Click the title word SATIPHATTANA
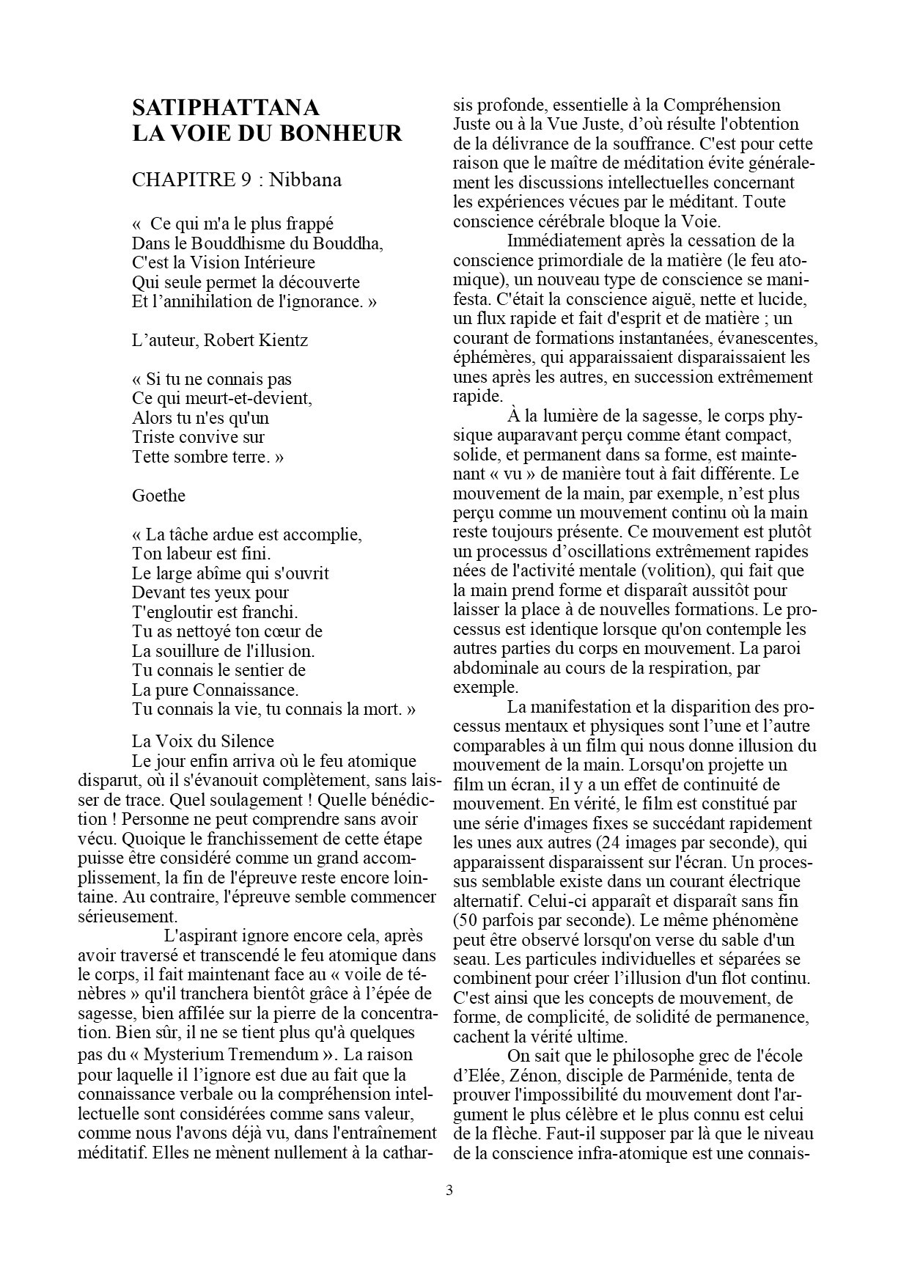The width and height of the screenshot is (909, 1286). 226,108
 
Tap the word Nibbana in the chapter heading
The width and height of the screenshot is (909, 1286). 305,180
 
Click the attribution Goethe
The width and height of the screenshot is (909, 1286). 158,496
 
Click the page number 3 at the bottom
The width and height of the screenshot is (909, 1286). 449,1190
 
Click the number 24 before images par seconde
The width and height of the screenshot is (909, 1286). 606,843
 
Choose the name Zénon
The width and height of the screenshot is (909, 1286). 522,1076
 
